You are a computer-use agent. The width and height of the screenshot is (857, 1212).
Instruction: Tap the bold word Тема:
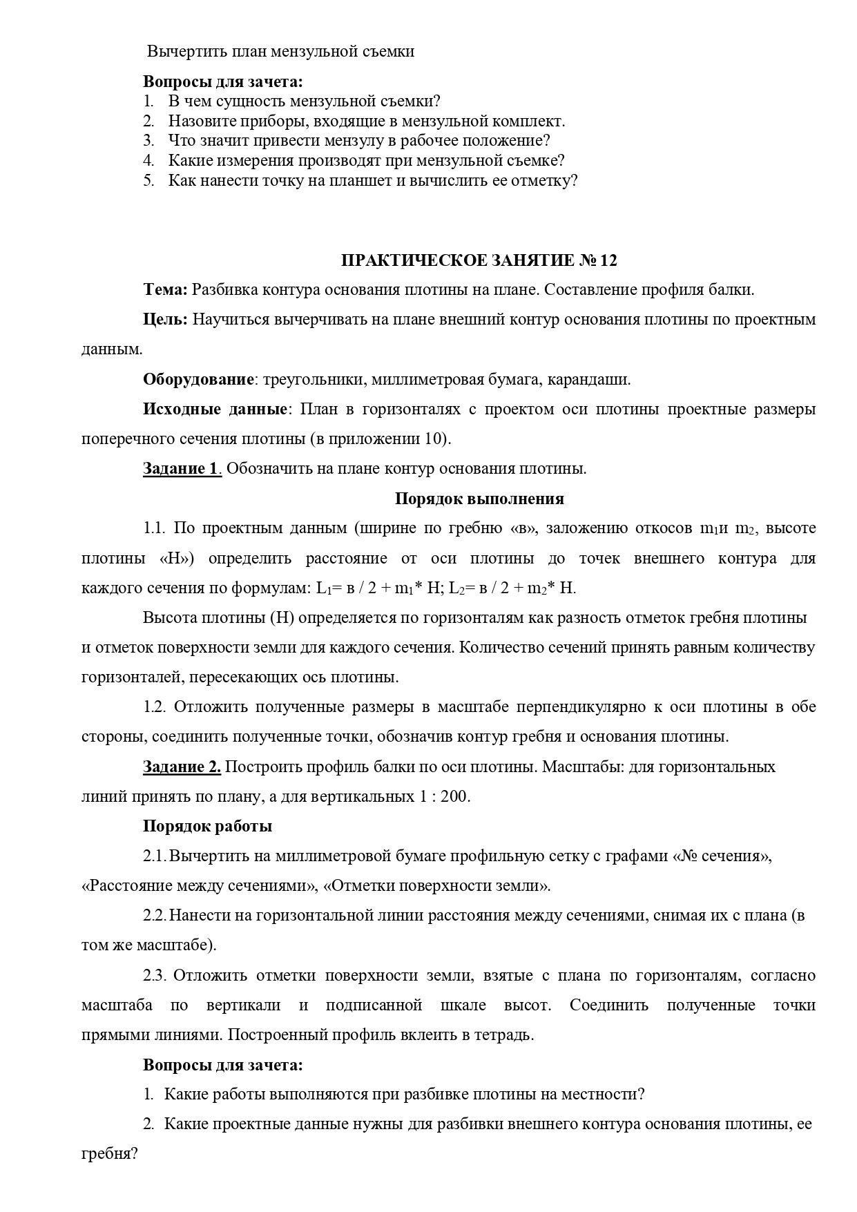[165, 290]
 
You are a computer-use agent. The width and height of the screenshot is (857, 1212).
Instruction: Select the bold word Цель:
[165, 320]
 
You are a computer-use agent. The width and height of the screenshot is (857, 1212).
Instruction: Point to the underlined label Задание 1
[182, 469]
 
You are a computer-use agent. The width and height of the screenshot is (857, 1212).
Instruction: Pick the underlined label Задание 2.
[182, 767]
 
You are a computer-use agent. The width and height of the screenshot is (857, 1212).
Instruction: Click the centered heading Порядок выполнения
[479, 499]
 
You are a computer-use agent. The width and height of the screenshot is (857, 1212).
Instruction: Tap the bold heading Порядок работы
[207, 827]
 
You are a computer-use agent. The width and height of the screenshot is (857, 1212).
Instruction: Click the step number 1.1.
[155, 529]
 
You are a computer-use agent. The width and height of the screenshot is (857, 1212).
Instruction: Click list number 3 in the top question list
[148, 141]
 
